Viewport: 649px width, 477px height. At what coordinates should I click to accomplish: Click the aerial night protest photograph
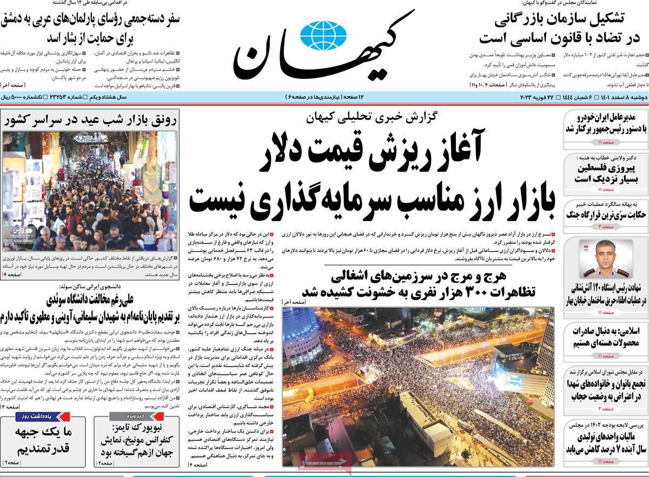[418, 386]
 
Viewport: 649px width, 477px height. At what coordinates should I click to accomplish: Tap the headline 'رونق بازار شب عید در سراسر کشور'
[90, 121]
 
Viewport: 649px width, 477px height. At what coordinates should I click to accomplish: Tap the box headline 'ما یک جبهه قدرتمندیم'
[43, 441]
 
